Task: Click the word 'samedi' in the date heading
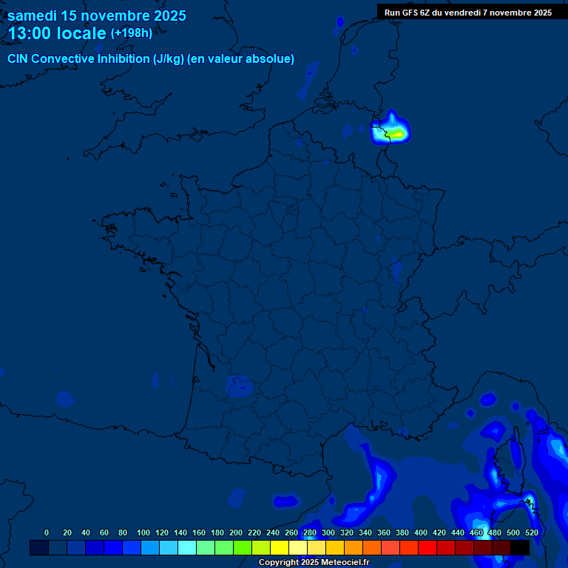pos(33,16)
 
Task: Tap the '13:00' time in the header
pos(30,33)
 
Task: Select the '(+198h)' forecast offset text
pos(132,33)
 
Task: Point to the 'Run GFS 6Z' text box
pos(467,13)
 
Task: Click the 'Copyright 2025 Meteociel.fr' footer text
pos(314,562)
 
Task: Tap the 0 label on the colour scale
pos(47,532)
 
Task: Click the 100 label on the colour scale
pos(143,532)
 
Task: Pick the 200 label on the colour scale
pos(236,532)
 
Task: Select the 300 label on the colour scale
pos(328,532)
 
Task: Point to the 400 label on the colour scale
pos(421,532)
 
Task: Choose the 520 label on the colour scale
pos(532,532)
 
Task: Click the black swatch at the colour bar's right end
pos(520,548)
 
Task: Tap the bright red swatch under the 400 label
pos(427,548)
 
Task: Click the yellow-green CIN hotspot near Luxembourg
pos(397,134)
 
